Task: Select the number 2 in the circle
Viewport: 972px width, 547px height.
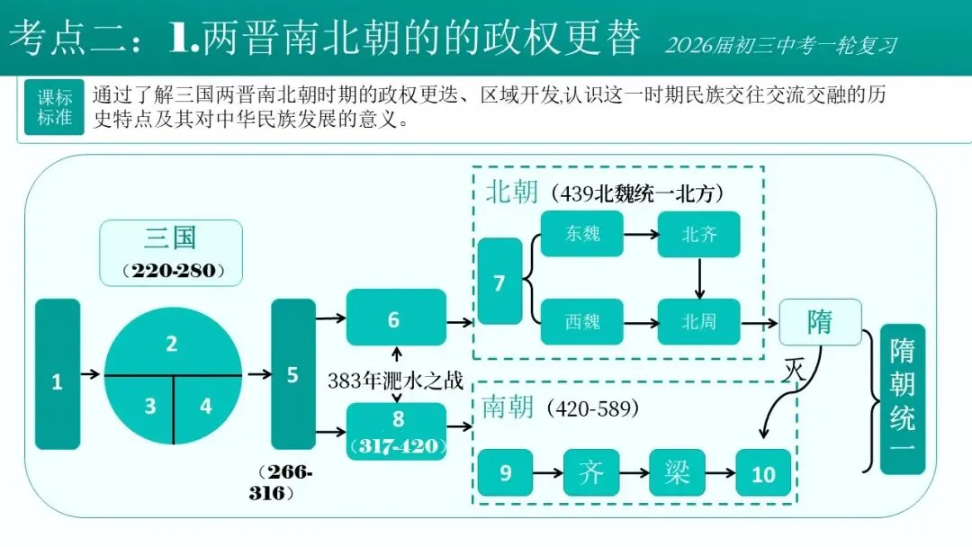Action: click(171, 343)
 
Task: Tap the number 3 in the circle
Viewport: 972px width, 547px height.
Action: click(149, 406)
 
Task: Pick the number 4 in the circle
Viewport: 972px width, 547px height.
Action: click(206, 406)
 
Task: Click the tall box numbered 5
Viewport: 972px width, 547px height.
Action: click(292, 374)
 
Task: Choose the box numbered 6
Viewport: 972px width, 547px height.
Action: click(395, 318)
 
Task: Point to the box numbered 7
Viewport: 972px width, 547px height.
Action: click(499, 282)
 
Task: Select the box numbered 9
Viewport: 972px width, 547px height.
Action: click(505, 472)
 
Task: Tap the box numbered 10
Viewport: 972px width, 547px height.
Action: click(763, 472)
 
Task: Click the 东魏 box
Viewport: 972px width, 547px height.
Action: click(583, 235)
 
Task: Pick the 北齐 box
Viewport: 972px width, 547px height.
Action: click(699, 235)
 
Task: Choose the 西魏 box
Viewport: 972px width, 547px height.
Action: click(583, 321)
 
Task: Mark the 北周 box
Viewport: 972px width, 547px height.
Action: click(699, 321)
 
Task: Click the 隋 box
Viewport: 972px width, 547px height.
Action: click(820, 322)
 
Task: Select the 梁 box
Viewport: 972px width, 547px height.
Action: click(678, 472)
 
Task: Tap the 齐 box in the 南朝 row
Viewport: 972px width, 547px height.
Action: click(591, 472)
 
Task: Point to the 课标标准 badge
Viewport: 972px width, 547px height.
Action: click(55, 108)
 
